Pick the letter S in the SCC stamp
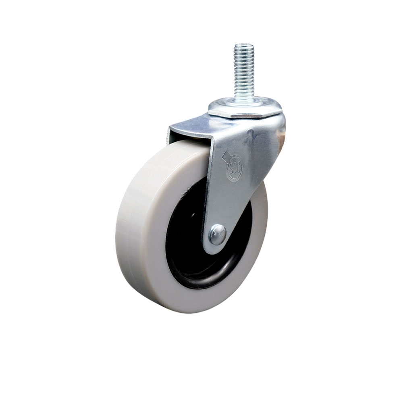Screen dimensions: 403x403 point(231,166)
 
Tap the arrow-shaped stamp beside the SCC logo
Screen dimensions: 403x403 point(226,155)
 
